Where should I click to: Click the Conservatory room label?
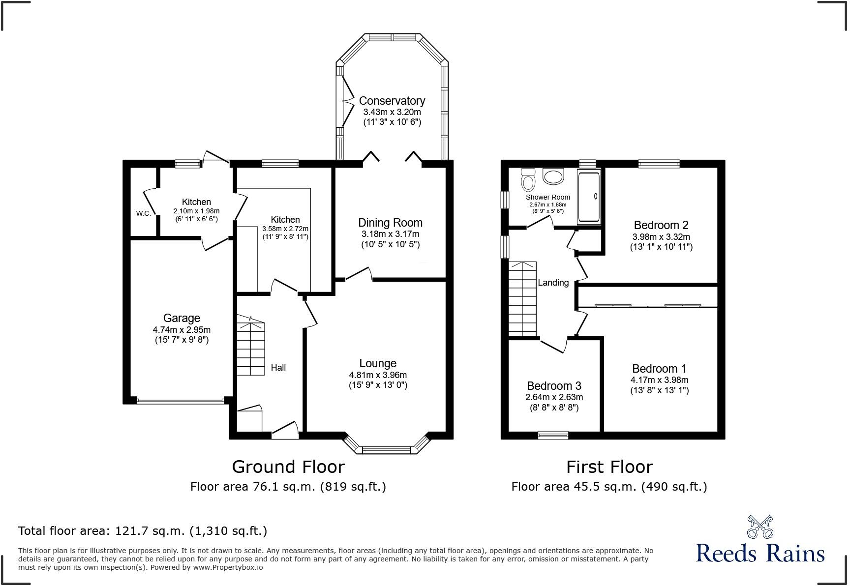point(392,101)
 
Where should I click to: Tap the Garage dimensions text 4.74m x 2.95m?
point(182,329)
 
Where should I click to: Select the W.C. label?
point(144,213)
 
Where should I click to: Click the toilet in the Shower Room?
point(528,180)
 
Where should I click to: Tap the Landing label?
point(553,283)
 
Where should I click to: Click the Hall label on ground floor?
point(278,368)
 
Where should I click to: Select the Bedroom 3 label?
point(554,386)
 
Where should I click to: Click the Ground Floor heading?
point(288,467)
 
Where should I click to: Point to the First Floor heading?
point(609,467)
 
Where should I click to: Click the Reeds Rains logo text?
point(760,553)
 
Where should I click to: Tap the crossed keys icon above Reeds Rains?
point(760,526)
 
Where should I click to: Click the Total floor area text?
point(143,531)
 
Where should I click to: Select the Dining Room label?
point(390,223)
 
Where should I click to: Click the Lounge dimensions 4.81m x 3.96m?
point(378,375)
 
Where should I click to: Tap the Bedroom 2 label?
point(661,225)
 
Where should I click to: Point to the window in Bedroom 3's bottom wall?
point(553,435)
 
